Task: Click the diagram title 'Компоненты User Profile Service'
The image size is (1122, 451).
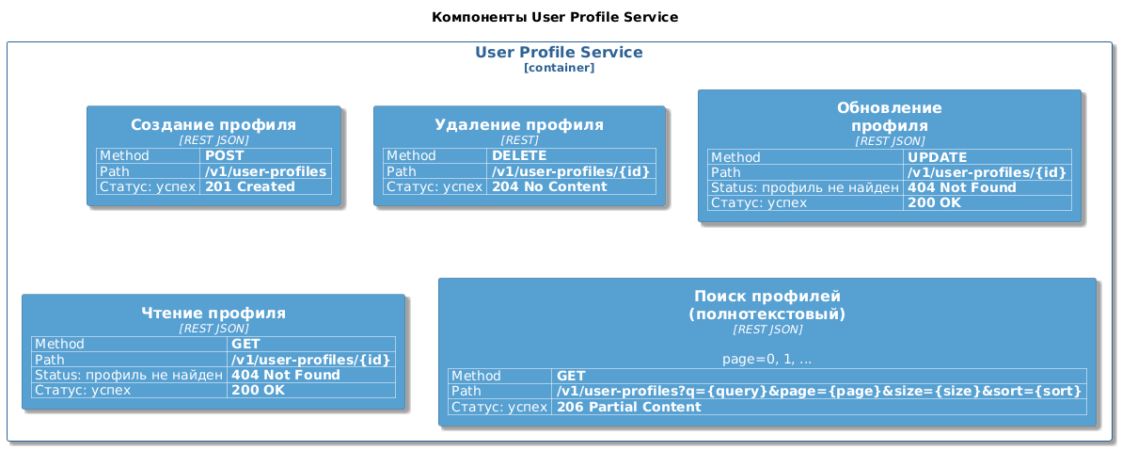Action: click(x=555, y=17)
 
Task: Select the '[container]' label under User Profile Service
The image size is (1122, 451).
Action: click(x=559, y=68)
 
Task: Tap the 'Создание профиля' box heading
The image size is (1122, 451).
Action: click(x=213, y=124)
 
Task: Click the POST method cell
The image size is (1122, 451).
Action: click(x=266, y=155)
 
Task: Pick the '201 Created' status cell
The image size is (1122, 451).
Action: click(x=266, y=186)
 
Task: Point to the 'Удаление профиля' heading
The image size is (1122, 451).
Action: click(x=519, y=124)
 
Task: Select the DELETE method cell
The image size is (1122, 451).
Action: click(x=572, y=155)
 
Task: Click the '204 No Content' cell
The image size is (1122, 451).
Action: click(x=572, y=186)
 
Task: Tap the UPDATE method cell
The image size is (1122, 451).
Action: click(x=988, y=157)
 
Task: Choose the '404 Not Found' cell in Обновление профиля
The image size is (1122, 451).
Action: click(x=988, y=187)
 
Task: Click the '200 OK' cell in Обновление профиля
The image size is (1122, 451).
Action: click(x=988, y=202)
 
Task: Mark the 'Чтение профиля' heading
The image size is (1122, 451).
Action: click(x=213, y=313)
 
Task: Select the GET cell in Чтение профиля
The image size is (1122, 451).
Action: click(x=311, y=344)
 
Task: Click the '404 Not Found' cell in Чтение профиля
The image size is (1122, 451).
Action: click(x=311, y=375)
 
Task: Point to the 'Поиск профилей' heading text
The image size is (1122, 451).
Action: click(x=767, y=296)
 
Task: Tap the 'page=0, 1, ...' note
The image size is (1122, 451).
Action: click(x=767, y=360)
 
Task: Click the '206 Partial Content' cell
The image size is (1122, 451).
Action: click(x=819, y=407)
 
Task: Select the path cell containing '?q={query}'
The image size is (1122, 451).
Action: click(x=819, y=391)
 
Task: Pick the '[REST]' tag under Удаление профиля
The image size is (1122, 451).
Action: click(x=519, y=140)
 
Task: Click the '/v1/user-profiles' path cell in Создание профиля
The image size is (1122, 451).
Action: click(x=266, y=171)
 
